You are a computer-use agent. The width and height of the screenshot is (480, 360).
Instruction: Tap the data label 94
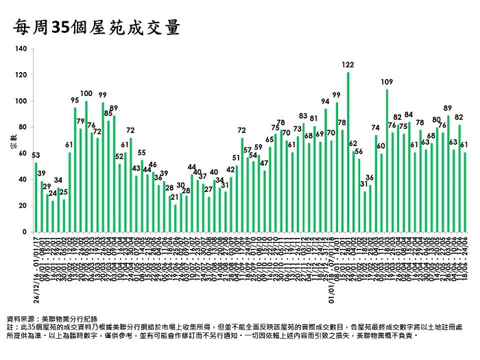click(x=326, y=101)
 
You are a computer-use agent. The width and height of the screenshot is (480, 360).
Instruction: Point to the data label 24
click(x=53, y=193)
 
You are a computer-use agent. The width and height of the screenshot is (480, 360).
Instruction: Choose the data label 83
click(x=303, y=115)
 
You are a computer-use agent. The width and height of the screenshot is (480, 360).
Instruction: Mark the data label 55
click(x=142, y=152)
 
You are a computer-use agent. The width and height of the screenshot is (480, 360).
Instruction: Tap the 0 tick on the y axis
click(x=25, y=232)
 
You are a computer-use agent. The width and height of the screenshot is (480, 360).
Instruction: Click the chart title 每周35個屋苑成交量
click(x=97, y=27)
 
